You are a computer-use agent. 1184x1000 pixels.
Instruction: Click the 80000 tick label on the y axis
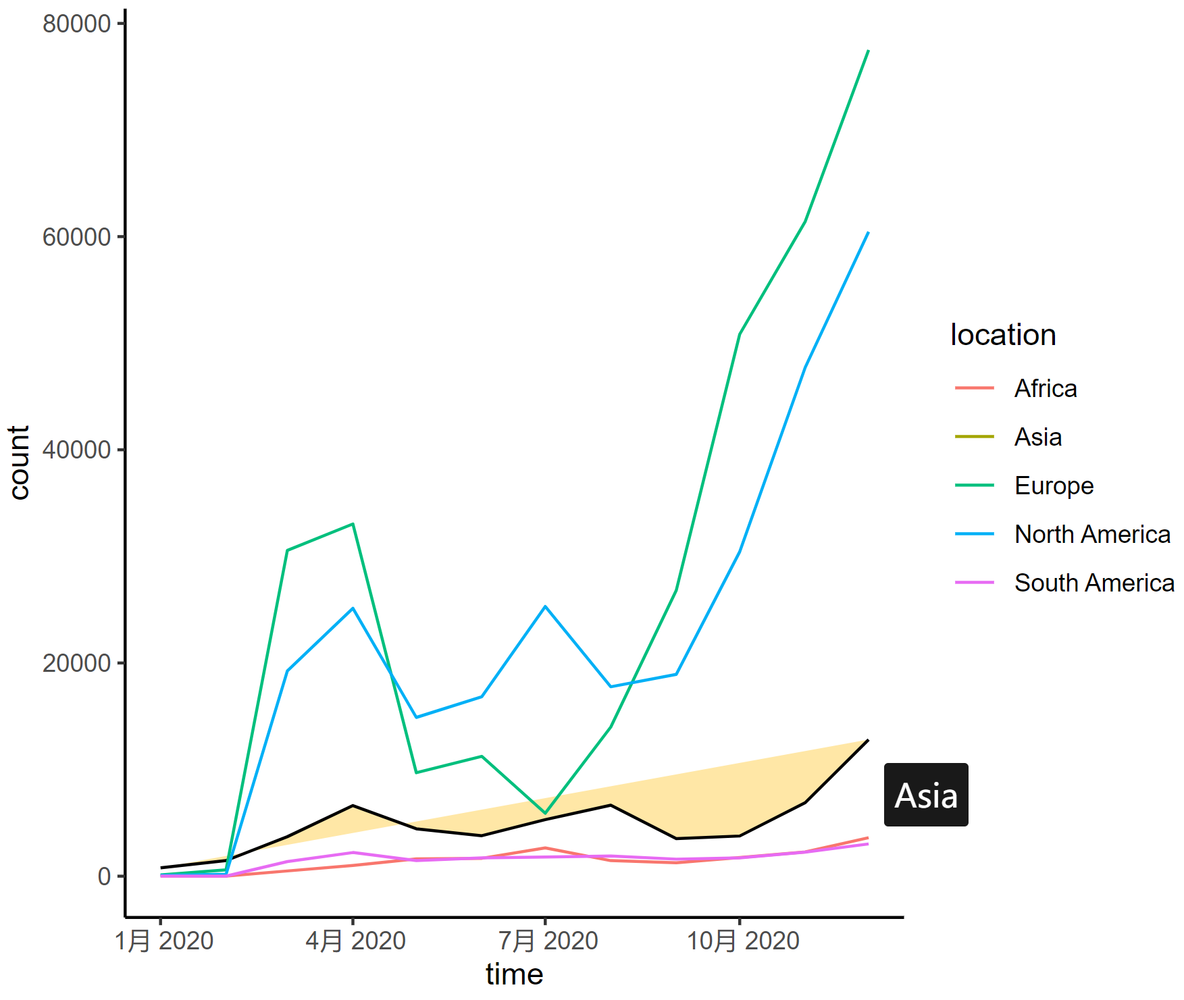pos(76,24)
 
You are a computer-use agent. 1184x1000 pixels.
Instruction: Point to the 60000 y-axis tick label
pos(76,237)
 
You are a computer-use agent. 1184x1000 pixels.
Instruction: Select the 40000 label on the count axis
pos(76,450)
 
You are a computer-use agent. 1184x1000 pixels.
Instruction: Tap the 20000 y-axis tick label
pos(76,663)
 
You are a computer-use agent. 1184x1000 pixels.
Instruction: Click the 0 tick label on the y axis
pos(104,876)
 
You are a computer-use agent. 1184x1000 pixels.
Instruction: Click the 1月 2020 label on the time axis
pos(163,941)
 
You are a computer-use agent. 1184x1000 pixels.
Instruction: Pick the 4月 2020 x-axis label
pos(355,941)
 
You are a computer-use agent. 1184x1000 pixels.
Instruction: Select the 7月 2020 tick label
pos(548,941)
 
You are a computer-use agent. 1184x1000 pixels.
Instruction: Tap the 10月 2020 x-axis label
pos(742,941)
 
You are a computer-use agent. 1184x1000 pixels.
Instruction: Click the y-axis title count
pos(19,463)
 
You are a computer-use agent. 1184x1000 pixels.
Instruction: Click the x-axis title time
pos(514,974)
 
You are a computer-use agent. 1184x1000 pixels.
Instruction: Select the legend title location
pos(1002,335)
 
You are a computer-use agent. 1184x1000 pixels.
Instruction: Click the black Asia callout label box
pos(925,795)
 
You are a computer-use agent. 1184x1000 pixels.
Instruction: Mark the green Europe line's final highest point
pos(868,51)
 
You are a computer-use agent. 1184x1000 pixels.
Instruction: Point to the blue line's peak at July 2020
pos(545,606)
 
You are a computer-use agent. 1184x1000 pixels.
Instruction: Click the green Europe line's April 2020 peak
pos(353,524)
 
